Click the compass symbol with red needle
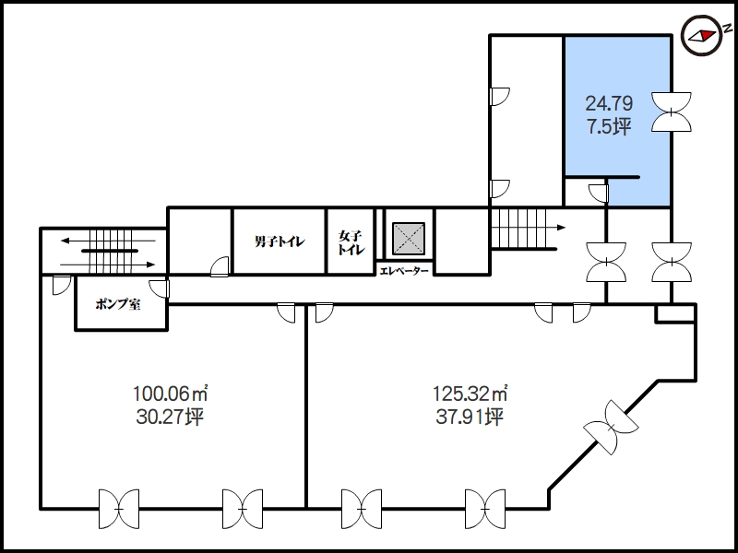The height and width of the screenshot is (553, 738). [x=702, y=35]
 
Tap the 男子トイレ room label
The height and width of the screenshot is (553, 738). [x=280, y=241]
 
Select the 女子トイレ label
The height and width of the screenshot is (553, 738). [x=351, y=242]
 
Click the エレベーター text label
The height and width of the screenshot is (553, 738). [x=404, y=271]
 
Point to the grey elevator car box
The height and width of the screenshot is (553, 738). [x=409, y=239]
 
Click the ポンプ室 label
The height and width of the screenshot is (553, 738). [x=118, y=304]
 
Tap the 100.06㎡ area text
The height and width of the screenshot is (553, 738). [x=171, y=394]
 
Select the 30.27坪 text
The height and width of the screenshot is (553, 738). [x=170, y=417]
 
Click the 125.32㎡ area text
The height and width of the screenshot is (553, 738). [x=470, y=394]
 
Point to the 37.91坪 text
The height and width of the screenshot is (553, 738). [x=470, y=417]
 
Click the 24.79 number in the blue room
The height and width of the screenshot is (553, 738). [x=609, y=103]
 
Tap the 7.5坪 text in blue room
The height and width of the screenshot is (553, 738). [x=609, y=126]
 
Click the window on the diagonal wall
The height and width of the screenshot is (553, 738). [x=611, y=428]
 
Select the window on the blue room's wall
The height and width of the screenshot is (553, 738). [x=672, y=112]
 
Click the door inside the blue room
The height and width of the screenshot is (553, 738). [x=599, y=194]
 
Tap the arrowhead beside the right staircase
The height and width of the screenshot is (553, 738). [x=562, y=228]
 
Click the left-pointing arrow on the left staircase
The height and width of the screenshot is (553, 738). [x=108, y=241]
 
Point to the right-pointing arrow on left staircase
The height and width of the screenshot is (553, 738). [x=108, y=265]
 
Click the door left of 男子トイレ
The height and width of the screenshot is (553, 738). [x=220, y=266]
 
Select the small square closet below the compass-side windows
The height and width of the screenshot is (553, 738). [x=675, y=313]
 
